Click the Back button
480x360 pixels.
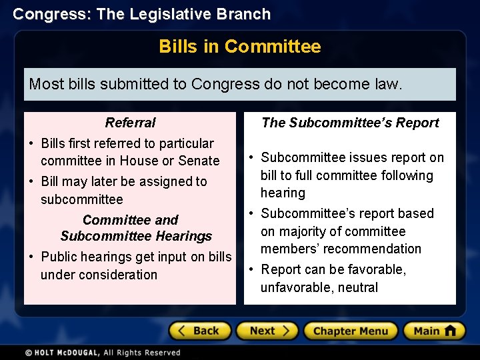(199, 331)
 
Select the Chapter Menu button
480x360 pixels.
(350, 331)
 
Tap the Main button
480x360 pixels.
(433, 331)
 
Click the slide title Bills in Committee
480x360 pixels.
(240, 47)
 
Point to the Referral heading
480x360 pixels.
(130, 123)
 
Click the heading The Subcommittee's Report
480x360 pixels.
(350, 123)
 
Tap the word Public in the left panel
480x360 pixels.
(59, 257)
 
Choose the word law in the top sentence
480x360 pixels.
(388, 84)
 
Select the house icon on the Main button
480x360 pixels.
(451, 330)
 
